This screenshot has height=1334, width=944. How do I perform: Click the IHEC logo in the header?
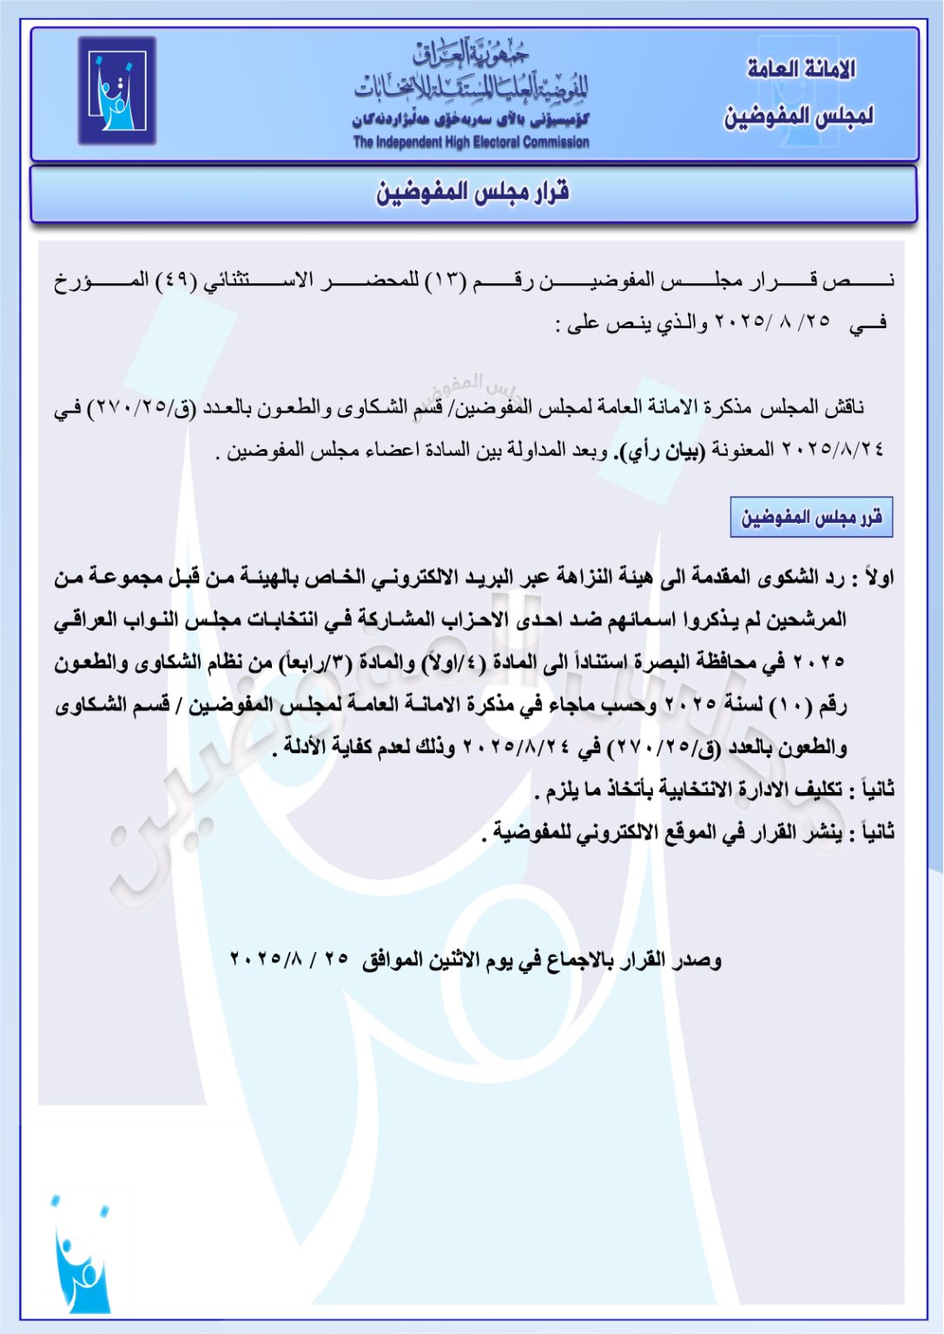point(116,90)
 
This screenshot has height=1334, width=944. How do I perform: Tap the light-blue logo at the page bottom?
point(81,1255)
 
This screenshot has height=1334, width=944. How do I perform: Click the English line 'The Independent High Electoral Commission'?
point(471,142)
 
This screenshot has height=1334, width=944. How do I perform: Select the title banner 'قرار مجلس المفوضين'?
point(472,193)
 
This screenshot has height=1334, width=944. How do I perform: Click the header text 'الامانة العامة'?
point(801,69)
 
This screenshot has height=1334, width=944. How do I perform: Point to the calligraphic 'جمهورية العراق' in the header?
point(471,55)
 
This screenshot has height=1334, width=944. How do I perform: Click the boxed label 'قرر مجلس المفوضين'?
point(811,518)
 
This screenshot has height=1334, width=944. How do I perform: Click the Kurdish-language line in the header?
point(471,120)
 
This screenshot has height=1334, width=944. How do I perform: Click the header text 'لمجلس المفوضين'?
point(799,116)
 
